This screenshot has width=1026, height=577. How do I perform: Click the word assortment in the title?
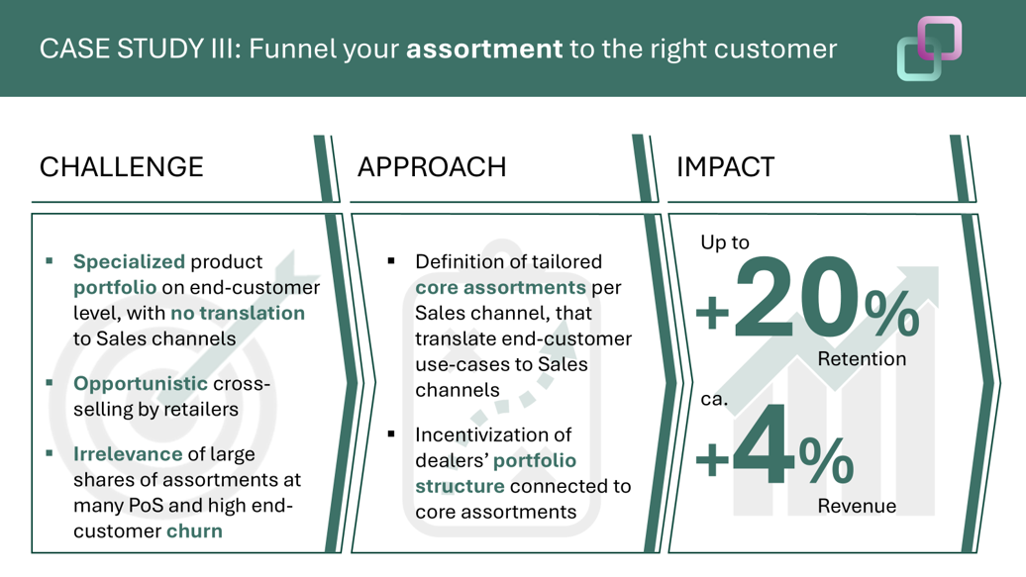click(484, 49)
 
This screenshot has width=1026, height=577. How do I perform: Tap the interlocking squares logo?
click(929, 48)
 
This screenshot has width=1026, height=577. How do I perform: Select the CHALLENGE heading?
click(122, 167)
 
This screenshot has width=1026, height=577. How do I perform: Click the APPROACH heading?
click(432, 167)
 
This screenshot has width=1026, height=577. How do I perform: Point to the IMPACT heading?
click(725, 167)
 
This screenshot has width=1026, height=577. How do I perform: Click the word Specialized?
click(129, 261)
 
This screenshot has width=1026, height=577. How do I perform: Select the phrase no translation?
click(238, 313)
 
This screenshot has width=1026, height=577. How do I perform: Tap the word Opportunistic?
click(140, 383)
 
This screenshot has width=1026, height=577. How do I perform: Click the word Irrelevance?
click(128, 454)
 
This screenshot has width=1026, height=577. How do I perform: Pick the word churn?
click(194, 530)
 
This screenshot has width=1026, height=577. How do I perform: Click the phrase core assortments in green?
click(500, 287)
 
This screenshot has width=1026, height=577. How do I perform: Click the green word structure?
click(460, 486)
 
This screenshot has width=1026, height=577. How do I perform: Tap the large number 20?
click(796, 298)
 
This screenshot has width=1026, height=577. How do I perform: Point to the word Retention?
click(862, 358)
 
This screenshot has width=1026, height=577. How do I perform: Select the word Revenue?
click(857, 506)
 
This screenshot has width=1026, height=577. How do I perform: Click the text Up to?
click(725, 242)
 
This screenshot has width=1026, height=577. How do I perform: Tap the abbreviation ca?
click(714, 399)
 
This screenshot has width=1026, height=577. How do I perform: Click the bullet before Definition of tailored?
click(391, 261)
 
